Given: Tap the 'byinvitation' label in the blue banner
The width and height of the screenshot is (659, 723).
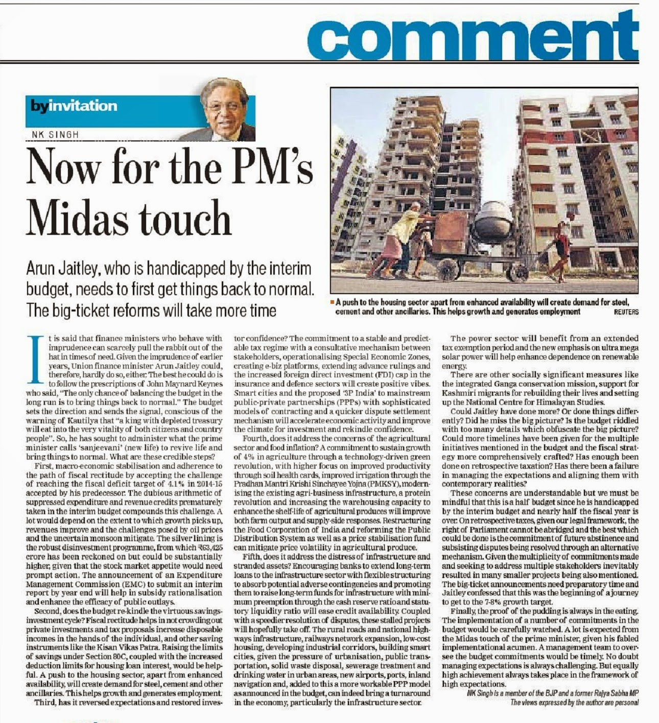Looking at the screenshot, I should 74,106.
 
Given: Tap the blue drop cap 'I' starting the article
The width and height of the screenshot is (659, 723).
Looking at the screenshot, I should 35,357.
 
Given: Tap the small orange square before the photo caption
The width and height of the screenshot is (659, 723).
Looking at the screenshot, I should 332,303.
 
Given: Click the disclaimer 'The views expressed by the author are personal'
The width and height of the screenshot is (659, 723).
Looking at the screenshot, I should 574,702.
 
